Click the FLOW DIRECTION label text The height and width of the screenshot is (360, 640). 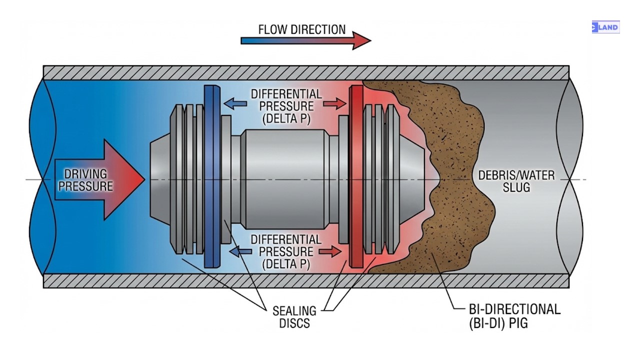(301, 29)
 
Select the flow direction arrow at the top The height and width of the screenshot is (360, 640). (305, 40)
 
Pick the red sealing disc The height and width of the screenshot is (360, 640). (356, 176)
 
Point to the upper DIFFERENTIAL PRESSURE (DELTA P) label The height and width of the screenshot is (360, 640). (286, 106)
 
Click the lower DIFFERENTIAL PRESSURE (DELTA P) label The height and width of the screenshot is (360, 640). (286, 251)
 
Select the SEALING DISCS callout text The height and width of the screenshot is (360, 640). (294, 317)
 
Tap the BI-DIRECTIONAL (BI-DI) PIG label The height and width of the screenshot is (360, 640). (514, 316)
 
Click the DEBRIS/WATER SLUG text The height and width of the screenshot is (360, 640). (516, 181)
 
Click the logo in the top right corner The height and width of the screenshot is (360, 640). (605, 27)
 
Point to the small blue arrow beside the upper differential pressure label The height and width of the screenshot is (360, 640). (234, 104)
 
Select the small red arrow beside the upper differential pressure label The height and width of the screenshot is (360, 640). (334, 104)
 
